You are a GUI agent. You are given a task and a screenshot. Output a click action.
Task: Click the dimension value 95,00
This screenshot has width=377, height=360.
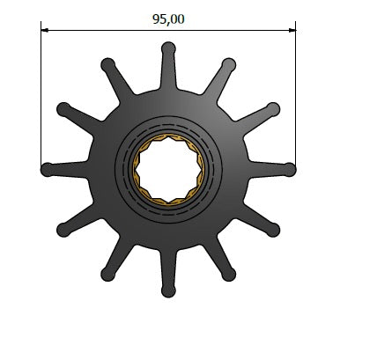tap(168, 19)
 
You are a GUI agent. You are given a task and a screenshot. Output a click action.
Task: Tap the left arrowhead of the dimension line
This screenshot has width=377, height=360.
tap(44, 30)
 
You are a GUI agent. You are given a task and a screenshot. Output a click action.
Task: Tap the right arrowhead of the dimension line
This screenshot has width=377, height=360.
tap(292, 30)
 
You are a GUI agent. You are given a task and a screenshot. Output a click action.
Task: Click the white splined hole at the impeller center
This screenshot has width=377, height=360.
tap(168, 169)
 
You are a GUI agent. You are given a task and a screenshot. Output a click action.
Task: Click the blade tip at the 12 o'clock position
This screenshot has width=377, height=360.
tap(168, 48)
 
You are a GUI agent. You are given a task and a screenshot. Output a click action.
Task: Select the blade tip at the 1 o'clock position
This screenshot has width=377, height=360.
tap(229, 64)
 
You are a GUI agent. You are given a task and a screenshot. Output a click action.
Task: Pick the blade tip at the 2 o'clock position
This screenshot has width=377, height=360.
tap(273, 109)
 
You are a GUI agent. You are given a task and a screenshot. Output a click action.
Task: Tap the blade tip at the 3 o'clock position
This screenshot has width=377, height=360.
tap(289, 170)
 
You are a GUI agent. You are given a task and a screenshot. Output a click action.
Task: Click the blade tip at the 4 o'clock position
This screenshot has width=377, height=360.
tap(273, 230)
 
